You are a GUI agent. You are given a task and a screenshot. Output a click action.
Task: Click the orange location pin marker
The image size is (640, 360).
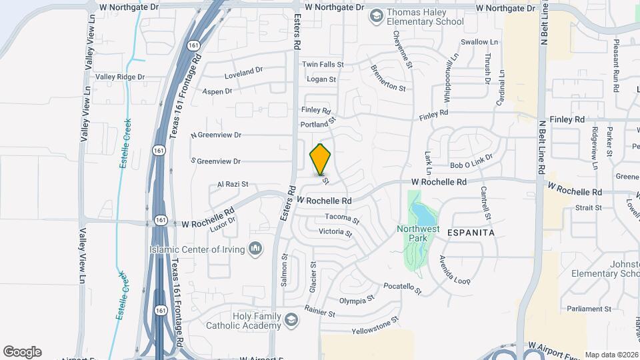[321, 159]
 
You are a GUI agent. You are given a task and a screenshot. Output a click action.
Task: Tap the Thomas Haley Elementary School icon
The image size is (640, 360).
[377, 15]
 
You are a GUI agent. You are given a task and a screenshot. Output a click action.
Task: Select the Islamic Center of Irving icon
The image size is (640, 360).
[255, 249]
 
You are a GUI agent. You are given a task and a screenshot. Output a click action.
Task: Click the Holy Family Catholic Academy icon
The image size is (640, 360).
[290, 321]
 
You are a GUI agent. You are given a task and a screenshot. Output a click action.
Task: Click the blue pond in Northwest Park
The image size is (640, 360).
[421, 214]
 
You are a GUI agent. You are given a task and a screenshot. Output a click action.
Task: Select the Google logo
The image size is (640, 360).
[22, 352]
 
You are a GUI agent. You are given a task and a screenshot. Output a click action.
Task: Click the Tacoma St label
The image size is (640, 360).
[342, 218]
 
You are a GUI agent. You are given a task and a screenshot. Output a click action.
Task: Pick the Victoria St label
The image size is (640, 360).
[335, 232]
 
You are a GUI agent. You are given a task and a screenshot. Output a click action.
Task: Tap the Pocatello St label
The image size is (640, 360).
[403, 288]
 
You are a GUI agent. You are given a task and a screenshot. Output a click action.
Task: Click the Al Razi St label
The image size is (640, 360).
[233, 184]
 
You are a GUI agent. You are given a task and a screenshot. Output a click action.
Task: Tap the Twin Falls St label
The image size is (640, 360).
[323, 65]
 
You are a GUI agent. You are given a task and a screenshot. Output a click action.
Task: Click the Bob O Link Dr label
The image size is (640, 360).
[471, 161]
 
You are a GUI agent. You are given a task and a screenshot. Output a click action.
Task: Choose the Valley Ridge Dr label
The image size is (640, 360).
[120, 77]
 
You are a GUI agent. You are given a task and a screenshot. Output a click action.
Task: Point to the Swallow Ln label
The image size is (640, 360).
[479, 42]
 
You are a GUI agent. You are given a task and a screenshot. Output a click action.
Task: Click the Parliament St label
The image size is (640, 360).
[589, 309]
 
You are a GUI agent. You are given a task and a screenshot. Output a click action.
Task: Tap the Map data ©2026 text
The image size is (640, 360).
[611, 355]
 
